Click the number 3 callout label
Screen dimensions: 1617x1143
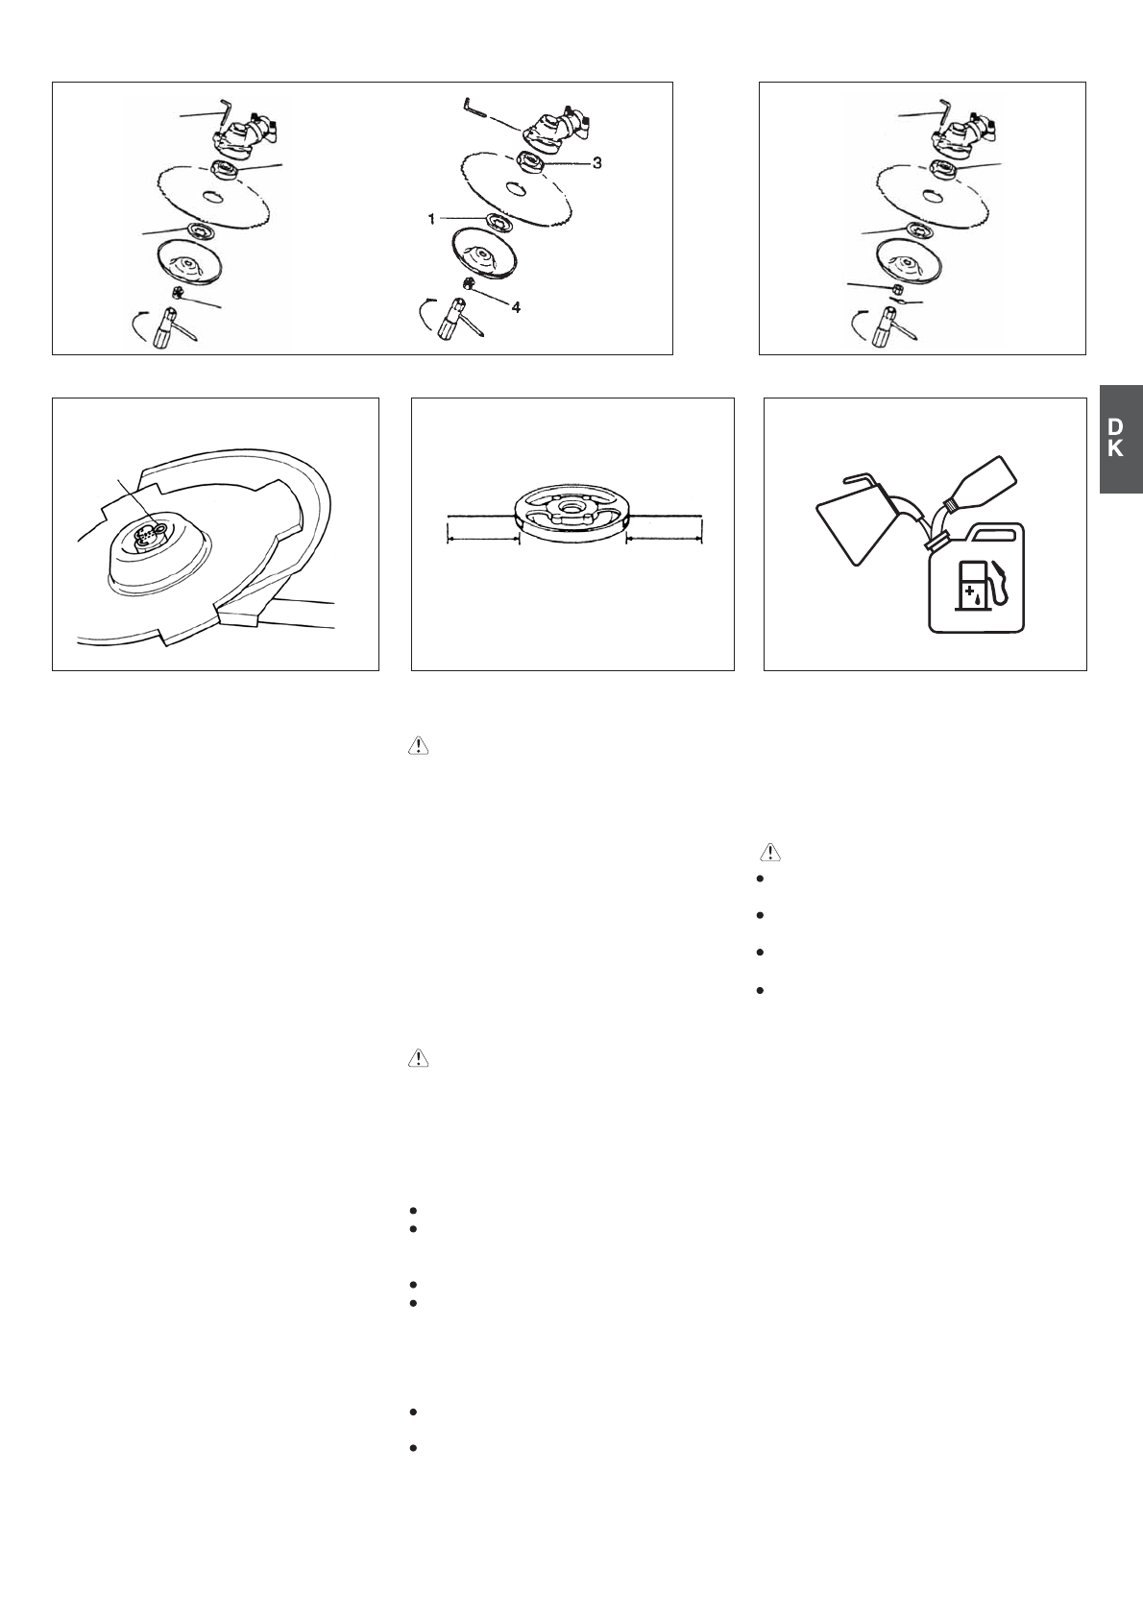coord(596,163)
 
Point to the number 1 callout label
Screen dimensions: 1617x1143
coord(432,219)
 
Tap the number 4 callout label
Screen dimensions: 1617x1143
coord(516,307)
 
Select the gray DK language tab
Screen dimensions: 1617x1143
coord(1120,439)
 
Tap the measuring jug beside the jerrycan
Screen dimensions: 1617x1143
coord(855,514)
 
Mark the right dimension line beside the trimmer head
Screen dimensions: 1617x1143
coord(665,539)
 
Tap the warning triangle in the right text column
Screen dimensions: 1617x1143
coord(770,852)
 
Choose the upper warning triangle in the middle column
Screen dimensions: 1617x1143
coord(419,745)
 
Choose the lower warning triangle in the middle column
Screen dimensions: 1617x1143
coord(419,1058)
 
